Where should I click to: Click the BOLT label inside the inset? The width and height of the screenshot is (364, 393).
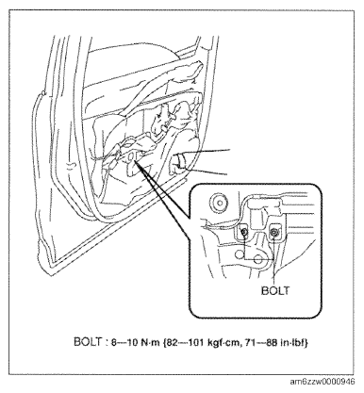tap(274, 290)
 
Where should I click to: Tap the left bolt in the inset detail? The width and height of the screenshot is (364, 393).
tap(244, 232)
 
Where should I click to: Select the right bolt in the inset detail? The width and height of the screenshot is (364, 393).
tap(274, 232)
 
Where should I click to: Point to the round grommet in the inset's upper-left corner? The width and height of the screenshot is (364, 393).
tap(219, 202)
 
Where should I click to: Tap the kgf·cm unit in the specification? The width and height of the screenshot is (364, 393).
tap(223, 342)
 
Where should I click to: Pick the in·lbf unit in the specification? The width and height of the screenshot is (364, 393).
tap(291, 342)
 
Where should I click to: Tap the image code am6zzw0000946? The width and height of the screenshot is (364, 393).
tap(323, 382)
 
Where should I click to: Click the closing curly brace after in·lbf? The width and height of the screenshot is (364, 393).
tap(306, 342)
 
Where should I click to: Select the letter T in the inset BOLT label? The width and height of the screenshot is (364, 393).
tap(285, 290)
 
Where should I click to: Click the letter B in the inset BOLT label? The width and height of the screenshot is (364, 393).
tap(265, 290)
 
